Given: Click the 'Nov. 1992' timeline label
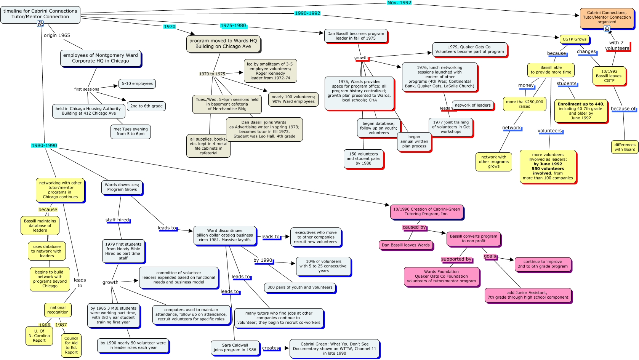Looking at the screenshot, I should point(399,3).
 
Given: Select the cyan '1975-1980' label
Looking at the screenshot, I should point(233,26).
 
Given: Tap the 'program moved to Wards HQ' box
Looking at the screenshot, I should point(223,44).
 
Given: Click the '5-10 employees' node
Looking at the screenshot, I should point(137,84).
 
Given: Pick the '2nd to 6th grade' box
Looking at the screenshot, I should point(146,106).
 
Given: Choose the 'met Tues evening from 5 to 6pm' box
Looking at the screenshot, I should point(130,131).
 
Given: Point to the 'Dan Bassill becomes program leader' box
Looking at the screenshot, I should point(356,36).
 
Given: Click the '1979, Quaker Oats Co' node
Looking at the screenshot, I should point(469,50).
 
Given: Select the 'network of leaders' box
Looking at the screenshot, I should point(472,106).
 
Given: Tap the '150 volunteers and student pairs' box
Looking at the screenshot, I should point(364,159).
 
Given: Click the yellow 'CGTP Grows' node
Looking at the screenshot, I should point(574,39).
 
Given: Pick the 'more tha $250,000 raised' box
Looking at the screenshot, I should point(524,104).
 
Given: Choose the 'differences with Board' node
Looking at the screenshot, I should point(625,147).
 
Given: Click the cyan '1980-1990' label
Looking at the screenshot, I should point(44,146).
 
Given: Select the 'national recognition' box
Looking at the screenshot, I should point(58,310).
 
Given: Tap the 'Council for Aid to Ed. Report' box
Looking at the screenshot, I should point(71,345).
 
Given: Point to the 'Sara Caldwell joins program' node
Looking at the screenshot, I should point(235,347).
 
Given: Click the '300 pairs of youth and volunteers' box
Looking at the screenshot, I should point(300,288).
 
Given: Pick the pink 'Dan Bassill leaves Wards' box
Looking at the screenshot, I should point(405,245).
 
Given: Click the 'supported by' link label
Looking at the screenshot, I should point(456,259).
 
